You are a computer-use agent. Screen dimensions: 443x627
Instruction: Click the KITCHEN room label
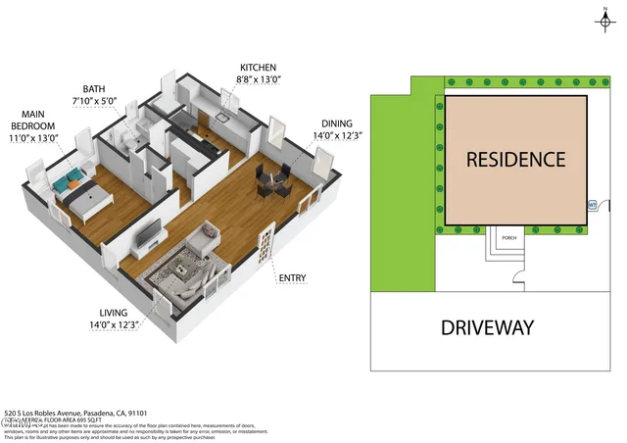click(x=258, y=67)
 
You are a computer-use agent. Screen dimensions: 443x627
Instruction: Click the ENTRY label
click(x=292, y=278)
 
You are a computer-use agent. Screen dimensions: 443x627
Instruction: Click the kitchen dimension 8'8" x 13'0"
click(x=258, y=80)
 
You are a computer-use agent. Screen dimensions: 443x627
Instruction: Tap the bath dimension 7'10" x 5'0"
click(x=95, y=100)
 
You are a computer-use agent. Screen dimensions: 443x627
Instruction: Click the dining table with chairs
click(x=273, y=179)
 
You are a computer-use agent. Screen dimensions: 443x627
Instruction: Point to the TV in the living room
click(x=147, y=233)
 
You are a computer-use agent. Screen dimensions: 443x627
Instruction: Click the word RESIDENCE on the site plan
click(x=514, y=159)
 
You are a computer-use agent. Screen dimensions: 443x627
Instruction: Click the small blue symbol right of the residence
click(x=592, y=205)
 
